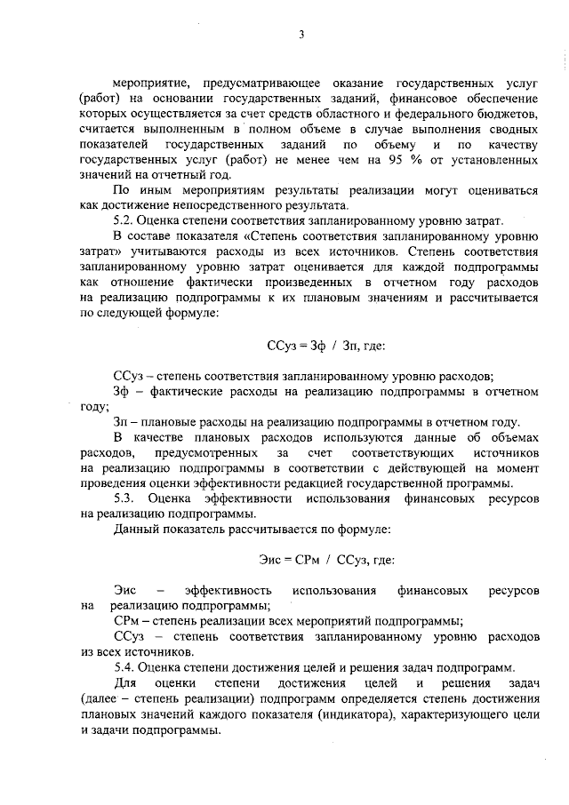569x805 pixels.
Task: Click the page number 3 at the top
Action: (x=301, y=35)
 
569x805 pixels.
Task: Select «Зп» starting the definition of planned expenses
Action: (x=123, y=421)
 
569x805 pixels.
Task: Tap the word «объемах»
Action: (x=509, y=437)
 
